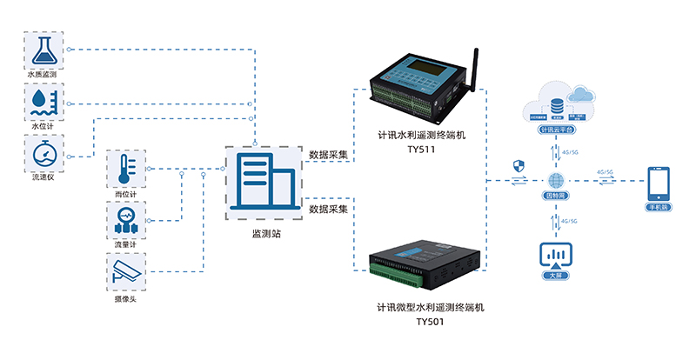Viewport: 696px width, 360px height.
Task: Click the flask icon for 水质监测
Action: [42, 50]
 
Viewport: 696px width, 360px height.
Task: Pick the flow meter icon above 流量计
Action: [126, 222]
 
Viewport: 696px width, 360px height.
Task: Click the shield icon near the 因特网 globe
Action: [520, 165]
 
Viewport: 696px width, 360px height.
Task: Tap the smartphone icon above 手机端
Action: [658, 184]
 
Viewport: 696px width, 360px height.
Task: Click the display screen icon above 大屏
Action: [554, 256]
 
